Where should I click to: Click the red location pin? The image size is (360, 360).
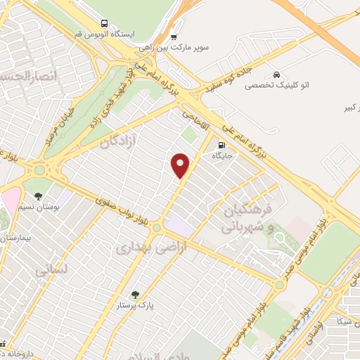coord(181,165)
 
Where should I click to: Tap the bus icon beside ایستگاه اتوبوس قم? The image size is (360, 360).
coord(105,23)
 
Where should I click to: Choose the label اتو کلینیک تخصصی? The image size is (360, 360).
coord(276,85)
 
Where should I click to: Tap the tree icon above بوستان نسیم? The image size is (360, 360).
coord(38,196)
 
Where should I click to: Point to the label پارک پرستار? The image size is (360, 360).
coord(136,306)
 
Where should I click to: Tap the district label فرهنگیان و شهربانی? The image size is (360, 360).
coord(245,219)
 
